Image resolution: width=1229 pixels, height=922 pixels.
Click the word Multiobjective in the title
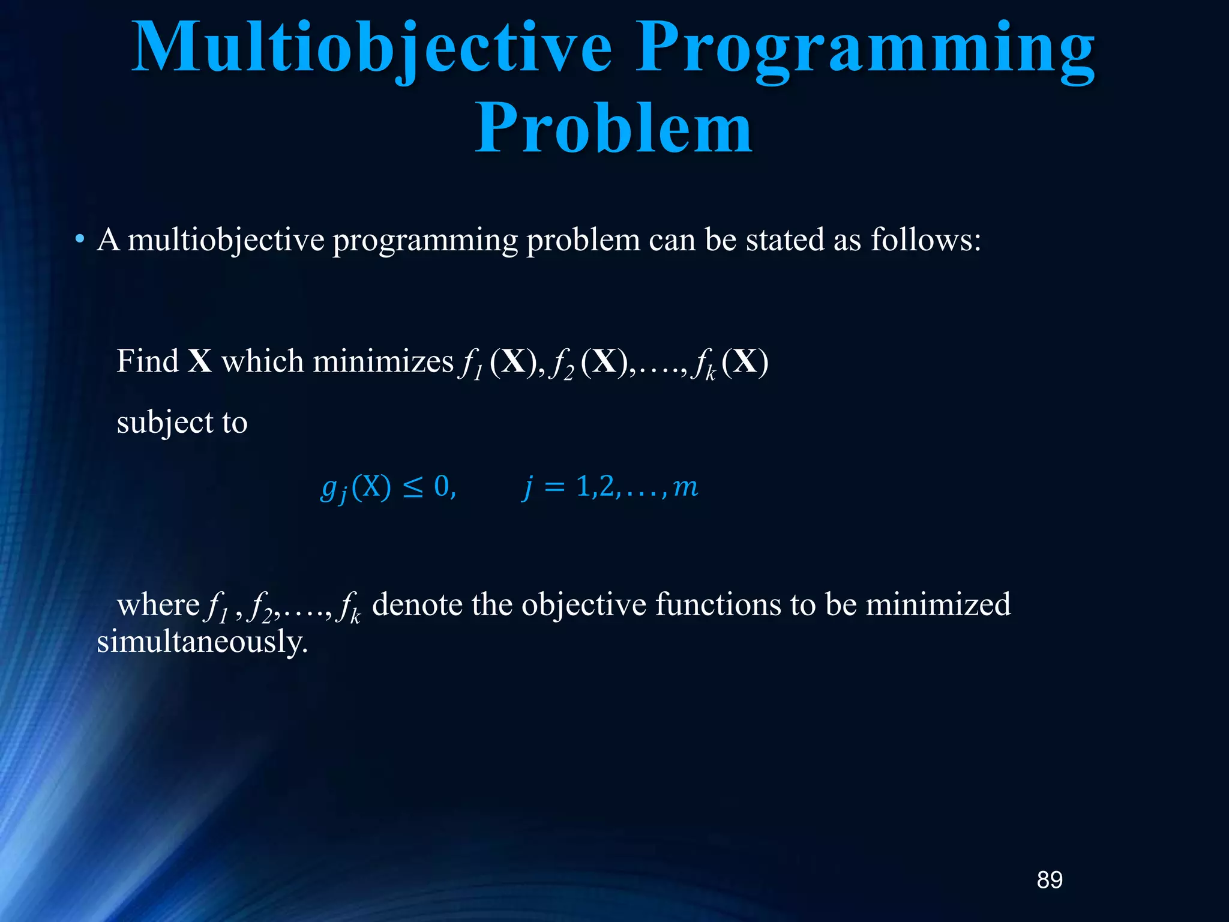click(372, 48)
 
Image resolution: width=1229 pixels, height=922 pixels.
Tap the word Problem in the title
click(613, 128)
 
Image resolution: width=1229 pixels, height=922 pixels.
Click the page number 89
click(1050, 880)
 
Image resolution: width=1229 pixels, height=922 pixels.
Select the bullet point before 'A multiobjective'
click(79, 241)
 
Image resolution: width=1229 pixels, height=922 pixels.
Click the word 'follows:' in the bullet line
click(925, 240)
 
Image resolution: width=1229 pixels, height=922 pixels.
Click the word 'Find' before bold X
click(148, 361)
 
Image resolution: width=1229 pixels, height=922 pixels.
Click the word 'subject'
click(164, 423)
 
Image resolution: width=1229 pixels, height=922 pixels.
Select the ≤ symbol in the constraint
click(412, 487)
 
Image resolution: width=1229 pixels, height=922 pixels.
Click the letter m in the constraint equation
click(686, 487)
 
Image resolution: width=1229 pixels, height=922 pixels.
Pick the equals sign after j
click(554, 487)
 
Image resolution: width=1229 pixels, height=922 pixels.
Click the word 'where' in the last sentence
click(158, 604)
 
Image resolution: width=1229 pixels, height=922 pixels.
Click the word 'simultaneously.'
click(202, 642)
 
